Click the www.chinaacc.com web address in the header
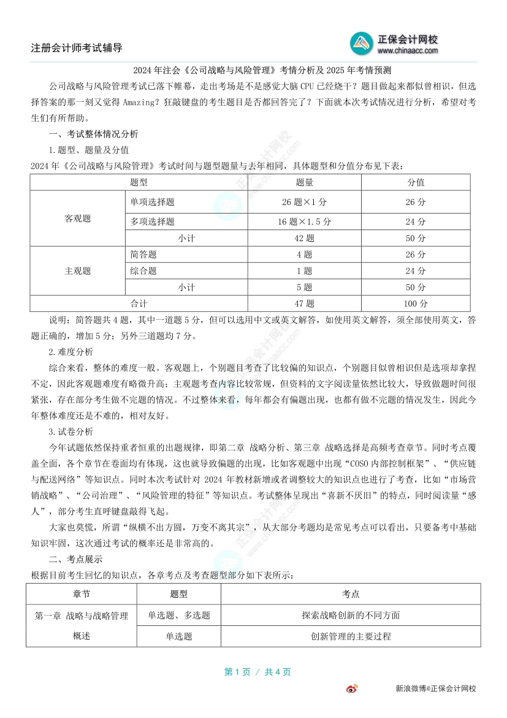point(408,51)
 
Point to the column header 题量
point(305,182)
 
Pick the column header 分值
point(416,182)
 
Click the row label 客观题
point(78,218)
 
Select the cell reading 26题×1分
point(305,202)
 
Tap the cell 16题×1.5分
point(305,222)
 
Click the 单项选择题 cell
point(152,202)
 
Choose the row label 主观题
point(78,271)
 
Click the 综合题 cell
point(143,271)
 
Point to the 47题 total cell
point(305,303)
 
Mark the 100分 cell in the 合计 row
point(416,303)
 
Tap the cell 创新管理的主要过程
point(351,636)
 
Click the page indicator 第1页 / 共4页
point(257,672)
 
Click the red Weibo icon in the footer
point(353,689)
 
